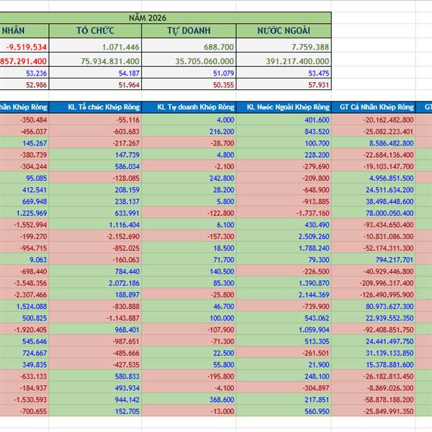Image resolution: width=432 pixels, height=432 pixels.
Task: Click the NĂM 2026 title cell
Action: click(x=166, y=17)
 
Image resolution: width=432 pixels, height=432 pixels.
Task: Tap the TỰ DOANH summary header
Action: click(x=189, y=30)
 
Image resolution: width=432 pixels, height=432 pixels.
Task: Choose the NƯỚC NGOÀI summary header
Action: click(x=284, y=30)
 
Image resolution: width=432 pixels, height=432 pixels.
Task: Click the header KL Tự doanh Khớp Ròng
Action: click(x=189, y=107)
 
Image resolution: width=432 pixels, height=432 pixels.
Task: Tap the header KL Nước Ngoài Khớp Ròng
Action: click(x=284, y=107)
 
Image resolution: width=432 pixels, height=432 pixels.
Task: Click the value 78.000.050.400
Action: click(x=382, y=212)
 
